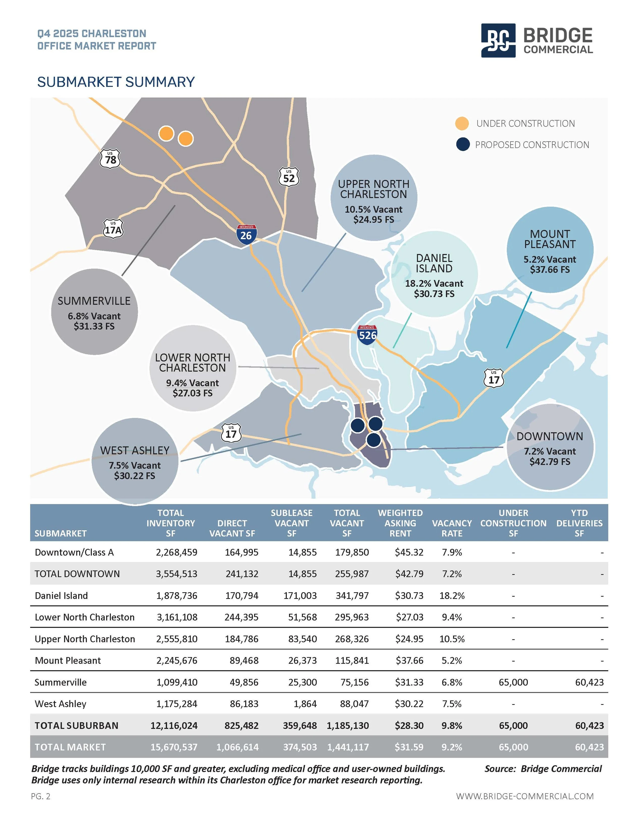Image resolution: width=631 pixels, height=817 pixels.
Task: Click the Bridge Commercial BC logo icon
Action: click(x=498, y=40)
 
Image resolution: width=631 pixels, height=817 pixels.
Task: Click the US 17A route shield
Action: click(x=113, y=229)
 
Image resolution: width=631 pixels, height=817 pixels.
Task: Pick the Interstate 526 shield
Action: click(x=367, y=334)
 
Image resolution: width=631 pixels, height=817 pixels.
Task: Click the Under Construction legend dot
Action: click(x=462, y=123)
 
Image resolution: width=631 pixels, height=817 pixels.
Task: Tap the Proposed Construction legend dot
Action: click(x=463, y=144)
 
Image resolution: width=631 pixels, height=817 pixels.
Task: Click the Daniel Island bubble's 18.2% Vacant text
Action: click(x=434, y=284)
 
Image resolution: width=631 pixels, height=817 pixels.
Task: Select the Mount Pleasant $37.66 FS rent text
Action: click(x=549, y=270)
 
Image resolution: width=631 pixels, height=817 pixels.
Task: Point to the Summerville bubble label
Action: click(x=94, y=301)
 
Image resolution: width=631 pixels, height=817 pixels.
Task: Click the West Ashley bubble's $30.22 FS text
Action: click(x=135, y=476)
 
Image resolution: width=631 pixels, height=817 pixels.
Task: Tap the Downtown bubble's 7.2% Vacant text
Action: click(x=549, y=452)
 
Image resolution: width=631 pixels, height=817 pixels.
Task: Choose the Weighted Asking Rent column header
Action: click(x=400, y=523)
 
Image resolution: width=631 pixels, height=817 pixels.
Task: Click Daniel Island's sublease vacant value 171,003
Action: click(x=300, y=596)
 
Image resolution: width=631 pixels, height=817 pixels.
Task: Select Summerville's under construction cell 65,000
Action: click(x=513, y=682)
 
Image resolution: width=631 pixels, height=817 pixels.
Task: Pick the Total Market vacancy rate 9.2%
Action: click(x=452, y=747)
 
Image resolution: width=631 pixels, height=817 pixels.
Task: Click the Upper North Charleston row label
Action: click(x=85, y=639)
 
